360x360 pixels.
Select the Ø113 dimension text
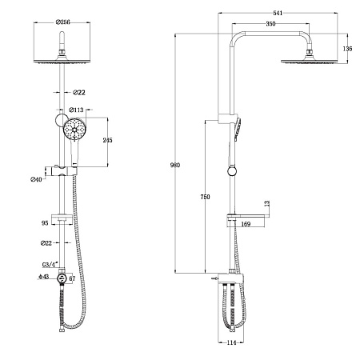pyautogui.click(x=77, y=110)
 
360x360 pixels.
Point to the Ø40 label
pyautogui.click(x=36, y=179)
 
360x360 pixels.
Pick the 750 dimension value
pyautogui.click(x=206, y=196)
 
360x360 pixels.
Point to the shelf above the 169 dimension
pyautogui.click(x=248, y=214)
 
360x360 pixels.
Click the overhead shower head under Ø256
pyautogui.click(x=62, y=59)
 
